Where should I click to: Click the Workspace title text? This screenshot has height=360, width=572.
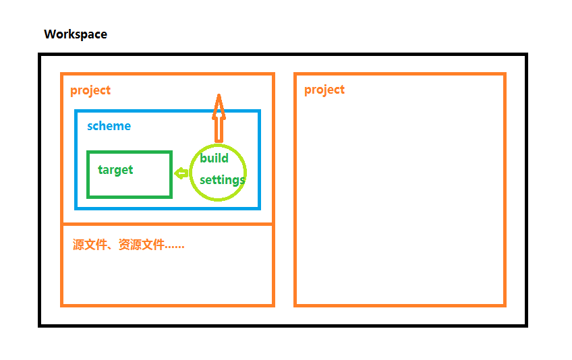click(x=75, y=34)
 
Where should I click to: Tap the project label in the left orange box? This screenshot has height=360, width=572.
click(x=90, y=90)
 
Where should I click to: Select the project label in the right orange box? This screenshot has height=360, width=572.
click(x=324, y=90)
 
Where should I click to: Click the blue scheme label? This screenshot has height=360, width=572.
click(x=109, y=126)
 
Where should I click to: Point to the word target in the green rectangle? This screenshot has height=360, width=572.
click(x=115, y=170)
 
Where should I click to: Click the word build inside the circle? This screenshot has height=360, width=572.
click(x=214, y=158)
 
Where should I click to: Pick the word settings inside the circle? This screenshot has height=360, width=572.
click(x=222, y=180)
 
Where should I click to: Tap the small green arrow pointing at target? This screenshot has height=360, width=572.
click(x=181, y=173)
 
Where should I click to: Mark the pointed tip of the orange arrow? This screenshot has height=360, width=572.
click(x=218, y=96)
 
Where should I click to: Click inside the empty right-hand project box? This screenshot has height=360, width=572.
click(x=400, y=202)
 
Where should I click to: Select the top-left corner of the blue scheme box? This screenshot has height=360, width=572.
click(x=76, y=111)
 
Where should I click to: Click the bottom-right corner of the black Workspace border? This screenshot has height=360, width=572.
click(x=525, y=325)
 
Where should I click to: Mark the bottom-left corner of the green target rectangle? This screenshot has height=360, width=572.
click(x=88, y=197)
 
